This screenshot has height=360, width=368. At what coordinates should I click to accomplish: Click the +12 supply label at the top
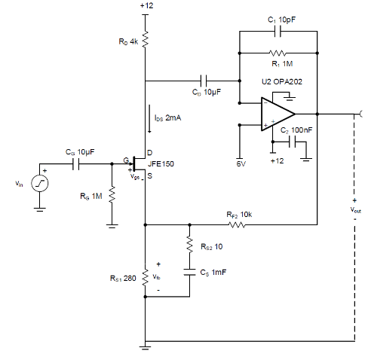tap(146, 6)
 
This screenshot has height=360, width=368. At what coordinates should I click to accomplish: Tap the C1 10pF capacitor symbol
tap(278, 32)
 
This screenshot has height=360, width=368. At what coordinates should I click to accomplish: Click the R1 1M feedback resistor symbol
tap(278, 53)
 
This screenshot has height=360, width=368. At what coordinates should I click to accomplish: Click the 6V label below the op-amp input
tap(241, 163)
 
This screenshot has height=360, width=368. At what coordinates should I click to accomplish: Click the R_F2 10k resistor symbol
tap(238, 224)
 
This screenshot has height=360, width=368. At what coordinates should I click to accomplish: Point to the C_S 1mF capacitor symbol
tap(189, 271)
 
